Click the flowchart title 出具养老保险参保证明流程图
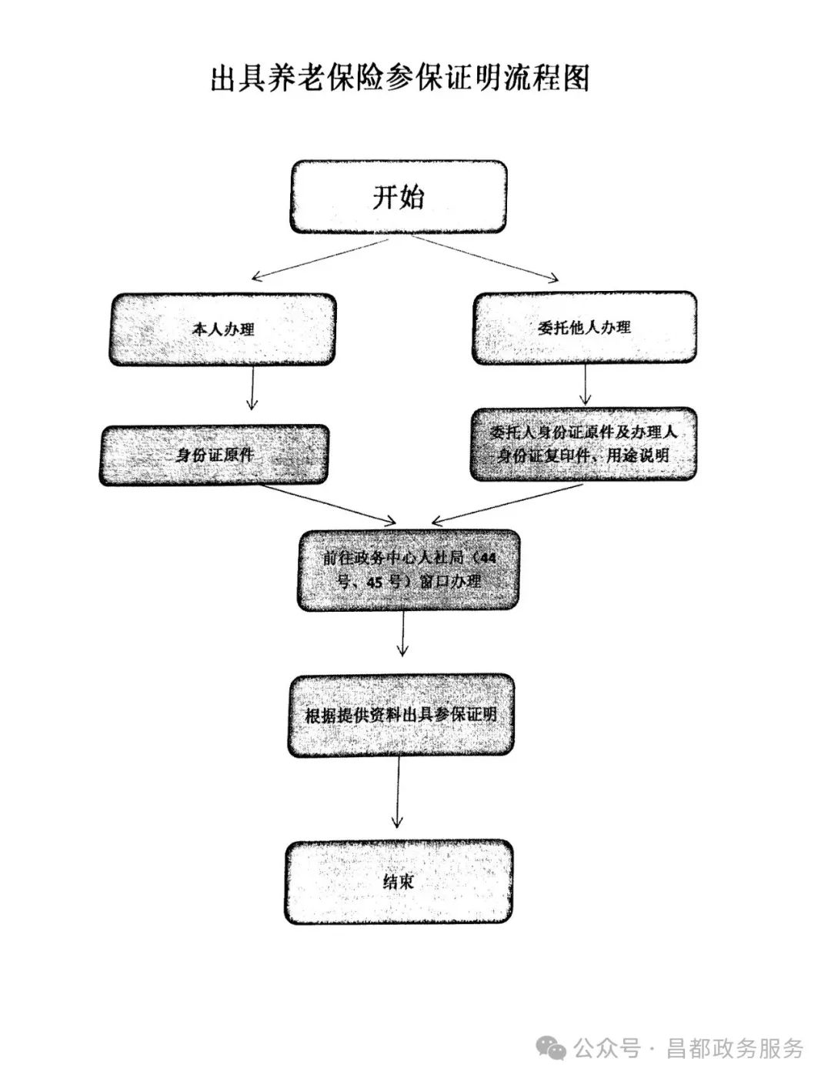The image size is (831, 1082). [400, 78]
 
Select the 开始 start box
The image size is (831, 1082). [398, 197]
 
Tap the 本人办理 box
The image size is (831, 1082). [222, 329]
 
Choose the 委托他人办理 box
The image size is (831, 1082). [585, 327]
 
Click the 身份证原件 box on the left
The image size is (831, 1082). [214, 455]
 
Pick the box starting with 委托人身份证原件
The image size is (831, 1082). [584, 444]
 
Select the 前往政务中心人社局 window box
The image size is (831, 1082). [409, 569]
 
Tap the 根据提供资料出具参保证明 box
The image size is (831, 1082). [401, 715]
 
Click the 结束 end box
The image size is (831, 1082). [399, 882]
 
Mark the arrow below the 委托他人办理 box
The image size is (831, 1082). [586, 384]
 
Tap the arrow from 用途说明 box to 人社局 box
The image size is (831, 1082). [508, 502]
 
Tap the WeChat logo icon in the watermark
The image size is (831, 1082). [552, 1047]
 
